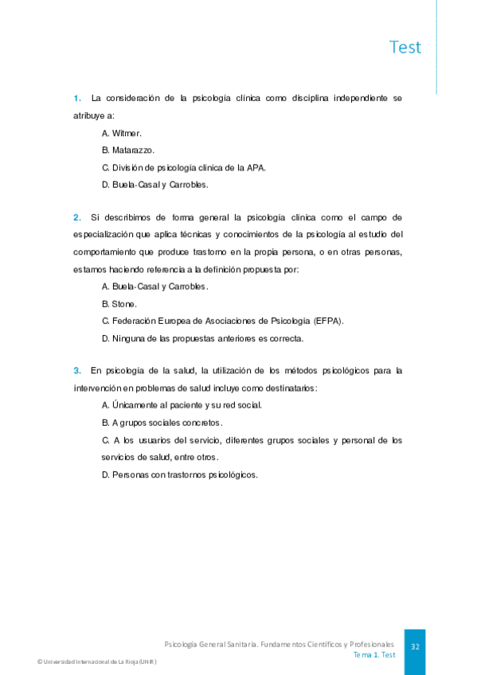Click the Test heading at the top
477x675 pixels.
[405, 47]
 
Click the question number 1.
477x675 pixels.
[77, 99]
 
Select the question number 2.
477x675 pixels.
[77, 217]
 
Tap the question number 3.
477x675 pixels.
[77, 370]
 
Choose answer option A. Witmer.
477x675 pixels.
[122, 133]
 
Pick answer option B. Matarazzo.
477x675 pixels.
[128, 150]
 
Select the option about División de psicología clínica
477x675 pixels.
[184, 167]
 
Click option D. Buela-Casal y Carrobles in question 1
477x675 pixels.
[154, 185]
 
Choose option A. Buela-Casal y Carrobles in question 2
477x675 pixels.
[154, 286]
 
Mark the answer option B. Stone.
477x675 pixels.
[119, 303]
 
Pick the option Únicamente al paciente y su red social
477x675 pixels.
[182, 405]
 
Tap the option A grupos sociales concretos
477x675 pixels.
[162, 423]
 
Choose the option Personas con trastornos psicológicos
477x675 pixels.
[180, 475]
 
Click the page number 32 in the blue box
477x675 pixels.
[414, 647]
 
